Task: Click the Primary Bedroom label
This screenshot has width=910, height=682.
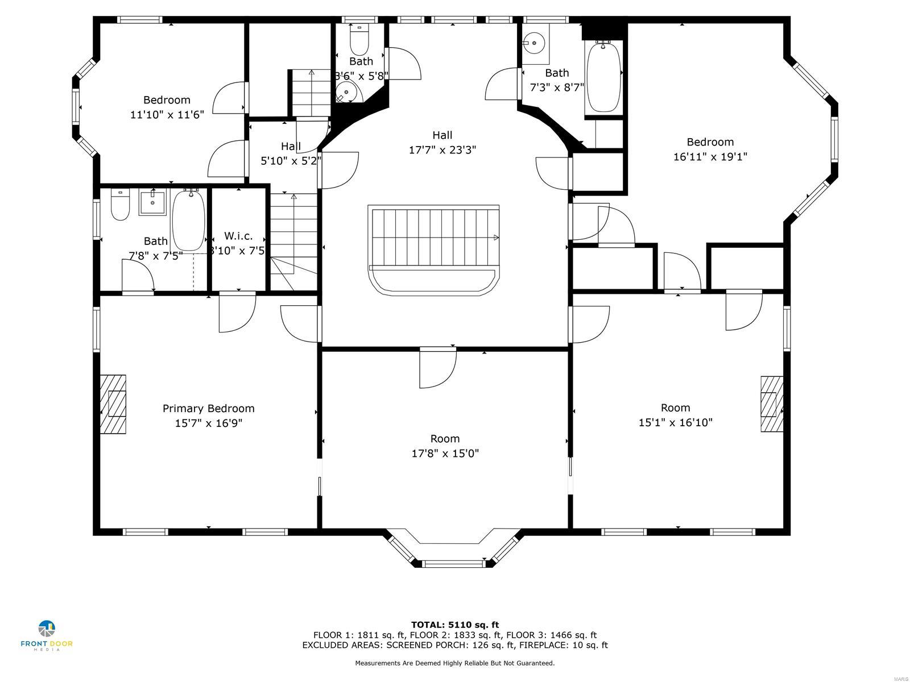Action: tap(208, 409)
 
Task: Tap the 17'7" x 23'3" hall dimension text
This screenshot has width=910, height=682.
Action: tap(442, 150)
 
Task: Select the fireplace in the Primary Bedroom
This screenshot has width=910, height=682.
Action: tap(113, 404)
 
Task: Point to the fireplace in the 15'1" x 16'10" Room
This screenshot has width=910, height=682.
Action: tap(771, 404)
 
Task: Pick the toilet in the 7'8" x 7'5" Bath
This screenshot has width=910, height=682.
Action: tap(120, 206)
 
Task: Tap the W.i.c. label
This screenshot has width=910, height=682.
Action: tap(238, 236)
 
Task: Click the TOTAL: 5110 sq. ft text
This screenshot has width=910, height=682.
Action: tap(454, 625)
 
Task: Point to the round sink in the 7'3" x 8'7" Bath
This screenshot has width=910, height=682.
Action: tap(534, 42)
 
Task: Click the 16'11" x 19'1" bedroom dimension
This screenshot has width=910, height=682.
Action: tap(710, 157)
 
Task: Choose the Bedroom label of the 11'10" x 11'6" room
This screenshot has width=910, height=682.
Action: tap(167, 100)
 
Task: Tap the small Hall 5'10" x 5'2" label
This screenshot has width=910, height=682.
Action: tap(291, 147)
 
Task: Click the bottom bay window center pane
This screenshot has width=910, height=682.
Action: tap(453, 564)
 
